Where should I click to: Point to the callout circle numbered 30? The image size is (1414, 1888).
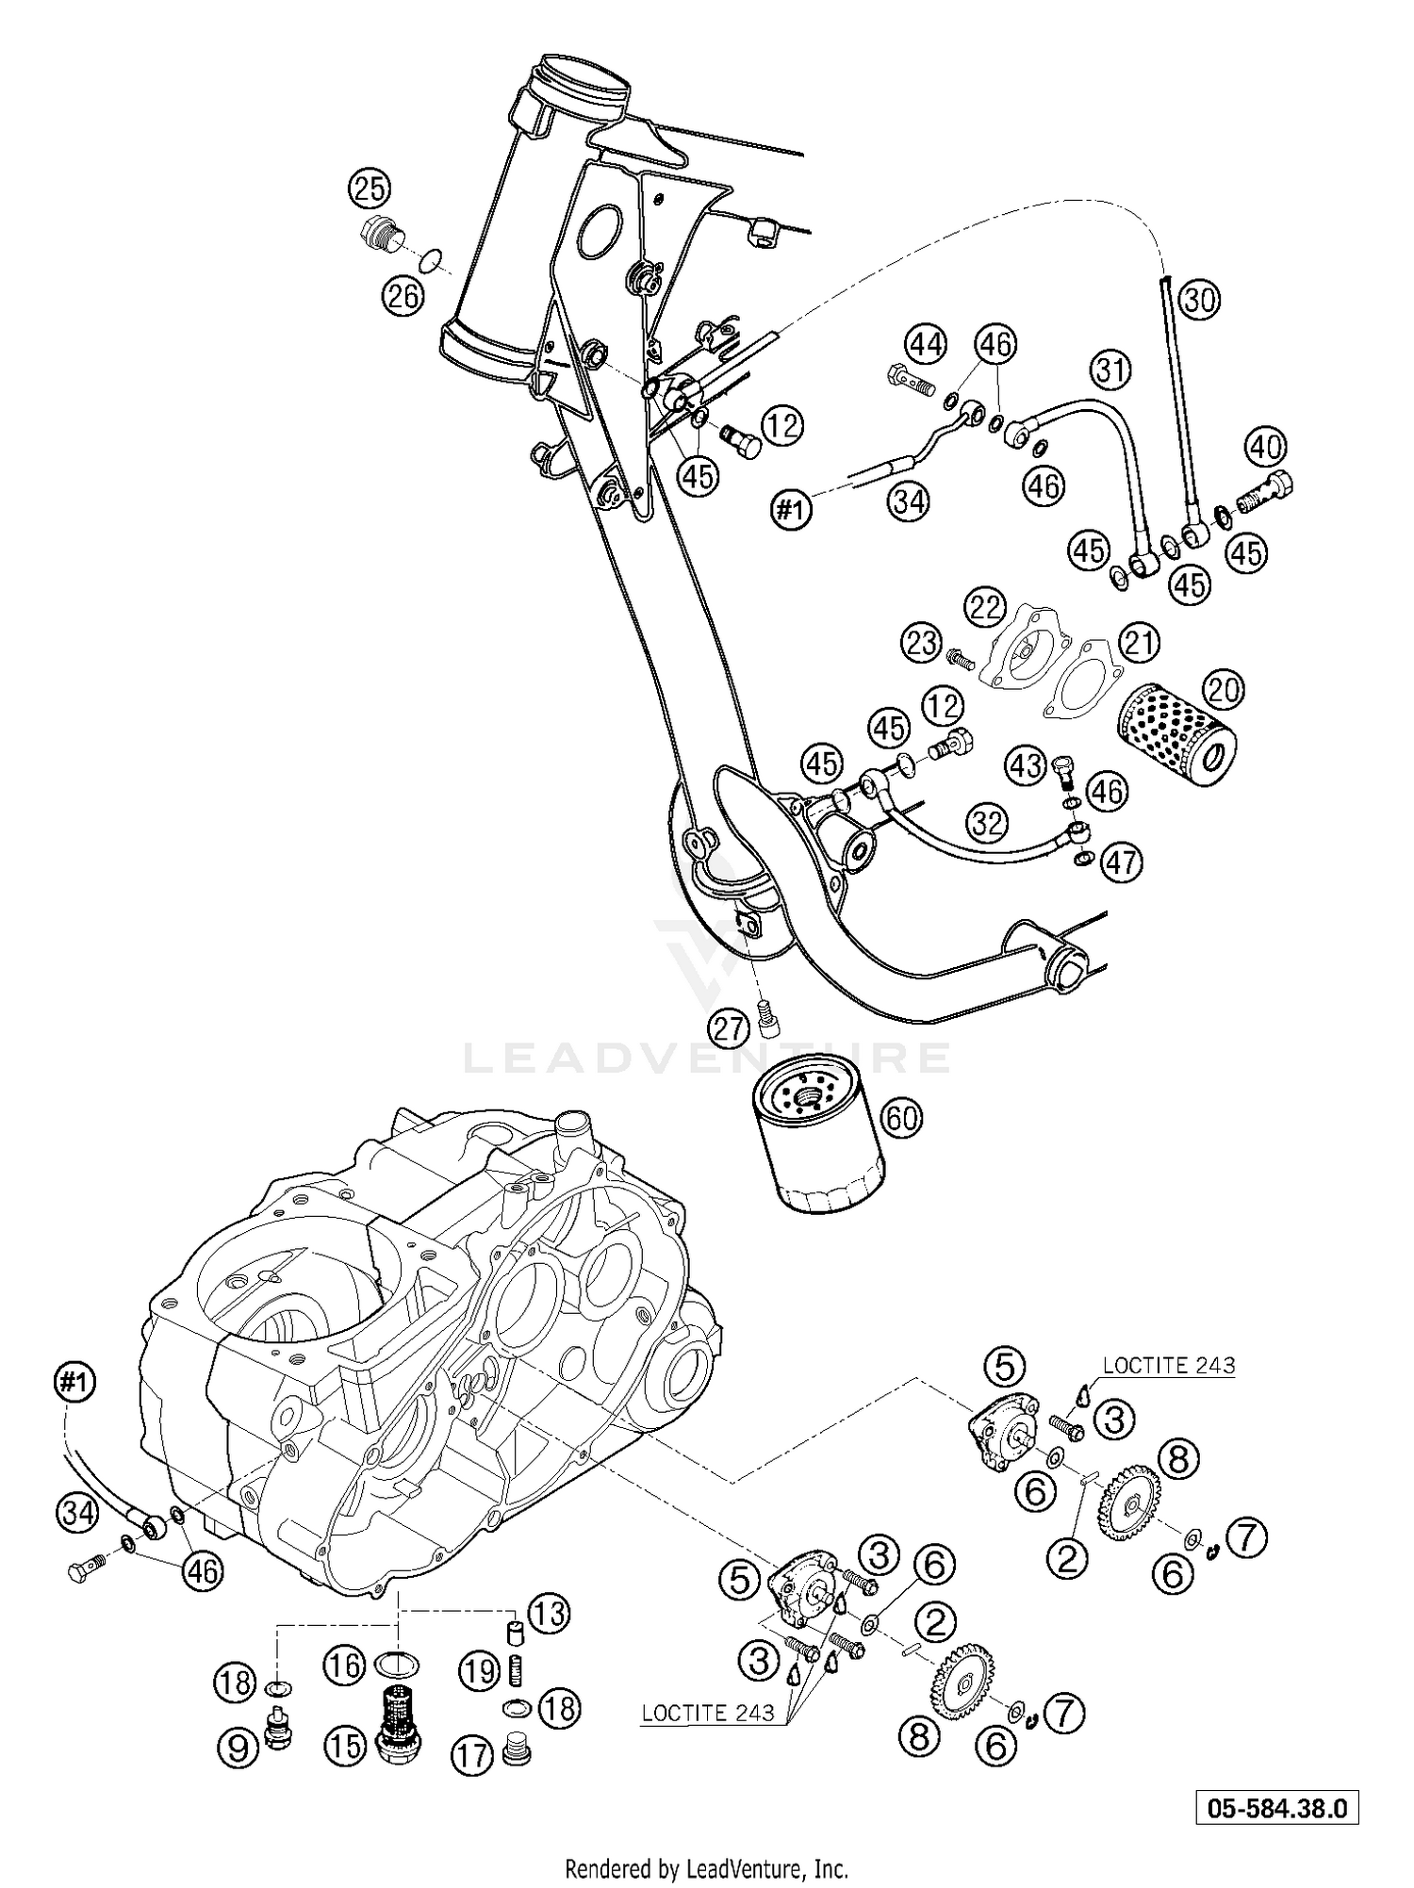click(x=1200, y=300)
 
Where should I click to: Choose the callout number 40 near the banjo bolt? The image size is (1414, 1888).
click(x=1268, y=446)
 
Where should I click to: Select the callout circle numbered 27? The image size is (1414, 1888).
click(x=730, y=1028)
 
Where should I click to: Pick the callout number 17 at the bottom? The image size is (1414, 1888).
click(x=471, y=1755)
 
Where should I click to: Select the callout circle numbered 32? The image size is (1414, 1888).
click(x=986, y=824)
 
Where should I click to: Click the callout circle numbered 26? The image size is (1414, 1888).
click(x=403, y=298)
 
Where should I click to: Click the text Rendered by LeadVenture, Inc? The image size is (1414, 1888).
click(x=706, y=1867)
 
